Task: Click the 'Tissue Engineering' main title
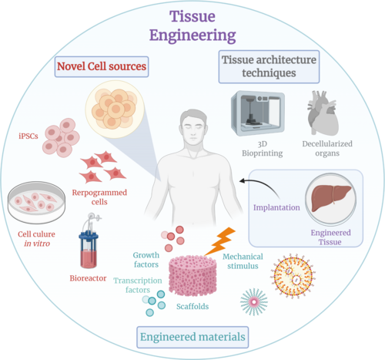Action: tap(192, 25)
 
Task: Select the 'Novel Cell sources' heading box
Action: tap(101, 67)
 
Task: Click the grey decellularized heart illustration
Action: tap(321, 115)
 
